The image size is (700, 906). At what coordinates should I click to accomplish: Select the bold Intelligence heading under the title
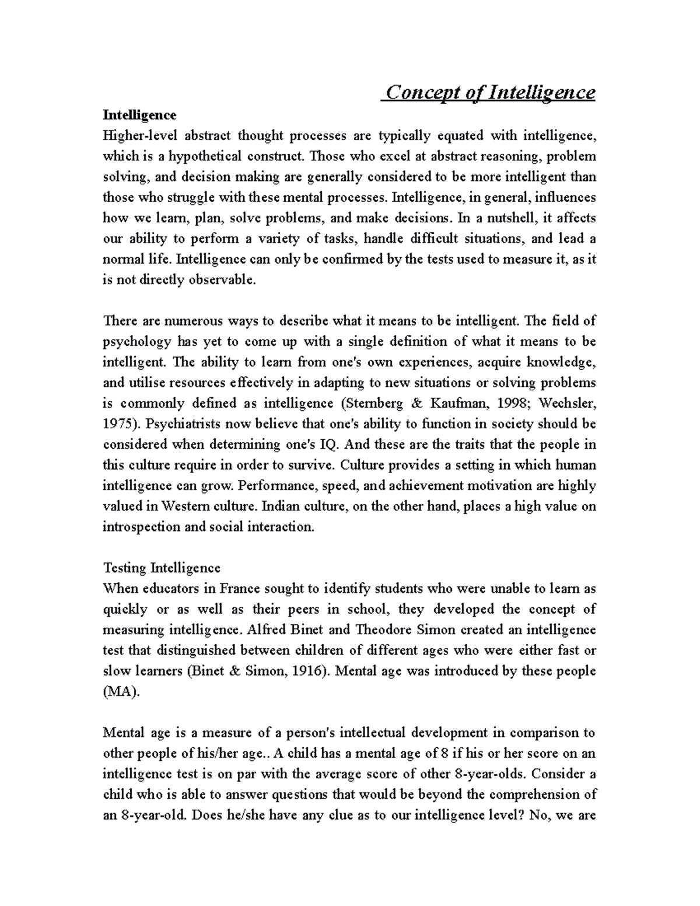click(139, 115)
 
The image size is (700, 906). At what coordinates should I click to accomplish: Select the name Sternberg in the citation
click(372, 403)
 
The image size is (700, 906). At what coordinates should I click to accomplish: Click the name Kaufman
click(455, 403)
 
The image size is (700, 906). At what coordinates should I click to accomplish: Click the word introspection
click(138, 527)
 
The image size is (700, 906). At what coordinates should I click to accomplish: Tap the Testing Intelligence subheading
click(162, 568)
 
